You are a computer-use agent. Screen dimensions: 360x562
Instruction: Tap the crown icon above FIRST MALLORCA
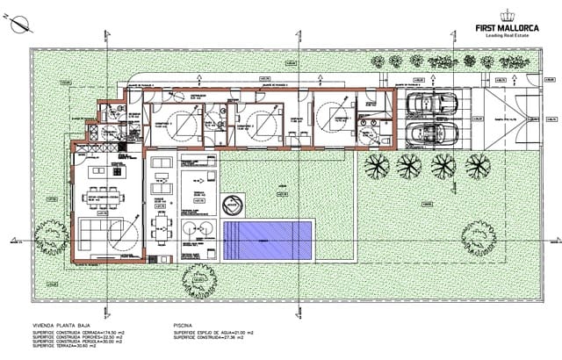[x=507, y=14]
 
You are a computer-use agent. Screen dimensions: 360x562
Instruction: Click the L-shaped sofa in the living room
[x=97, y=230]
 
